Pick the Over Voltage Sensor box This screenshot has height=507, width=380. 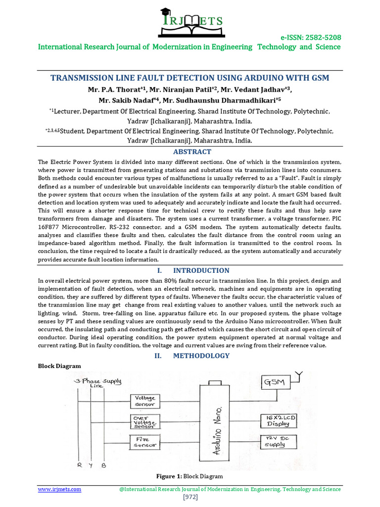click(x=145, y=421)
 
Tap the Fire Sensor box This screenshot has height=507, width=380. click(x=145, y=442)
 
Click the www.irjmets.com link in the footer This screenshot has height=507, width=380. click(x=60, y=489)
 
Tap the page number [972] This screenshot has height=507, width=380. click(x=190, y=497)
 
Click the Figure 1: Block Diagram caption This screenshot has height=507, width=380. click(x=190, y=476)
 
